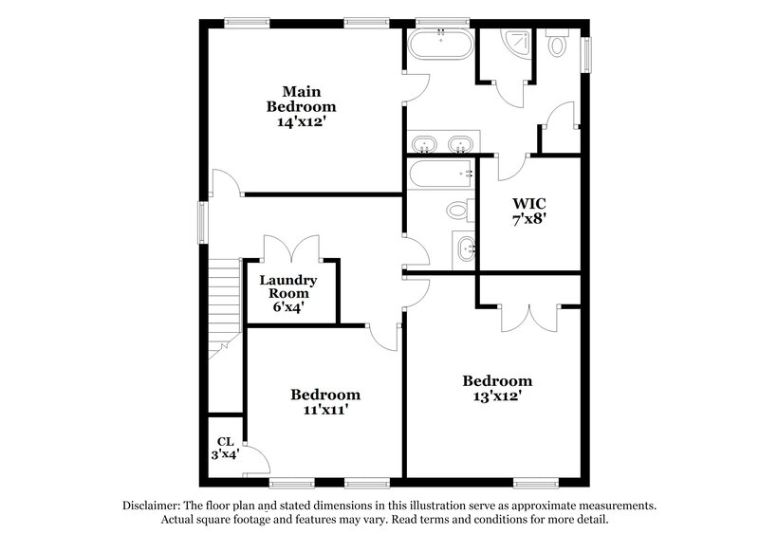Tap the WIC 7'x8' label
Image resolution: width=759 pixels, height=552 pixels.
528,212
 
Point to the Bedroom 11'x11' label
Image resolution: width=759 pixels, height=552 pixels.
325,402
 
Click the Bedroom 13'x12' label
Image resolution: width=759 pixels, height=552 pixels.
497,389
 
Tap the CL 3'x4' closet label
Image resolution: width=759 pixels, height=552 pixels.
226,447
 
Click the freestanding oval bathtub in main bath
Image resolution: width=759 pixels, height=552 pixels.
441,45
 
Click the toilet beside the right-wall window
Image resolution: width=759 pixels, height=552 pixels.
559,44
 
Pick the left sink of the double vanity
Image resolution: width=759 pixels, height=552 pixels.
425,145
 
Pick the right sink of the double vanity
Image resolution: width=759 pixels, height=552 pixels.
462,145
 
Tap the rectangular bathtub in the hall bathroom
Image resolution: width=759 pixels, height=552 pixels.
441,174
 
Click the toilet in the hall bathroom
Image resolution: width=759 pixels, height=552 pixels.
458,208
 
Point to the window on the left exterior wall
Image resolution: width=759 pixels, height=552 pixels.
201,222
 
